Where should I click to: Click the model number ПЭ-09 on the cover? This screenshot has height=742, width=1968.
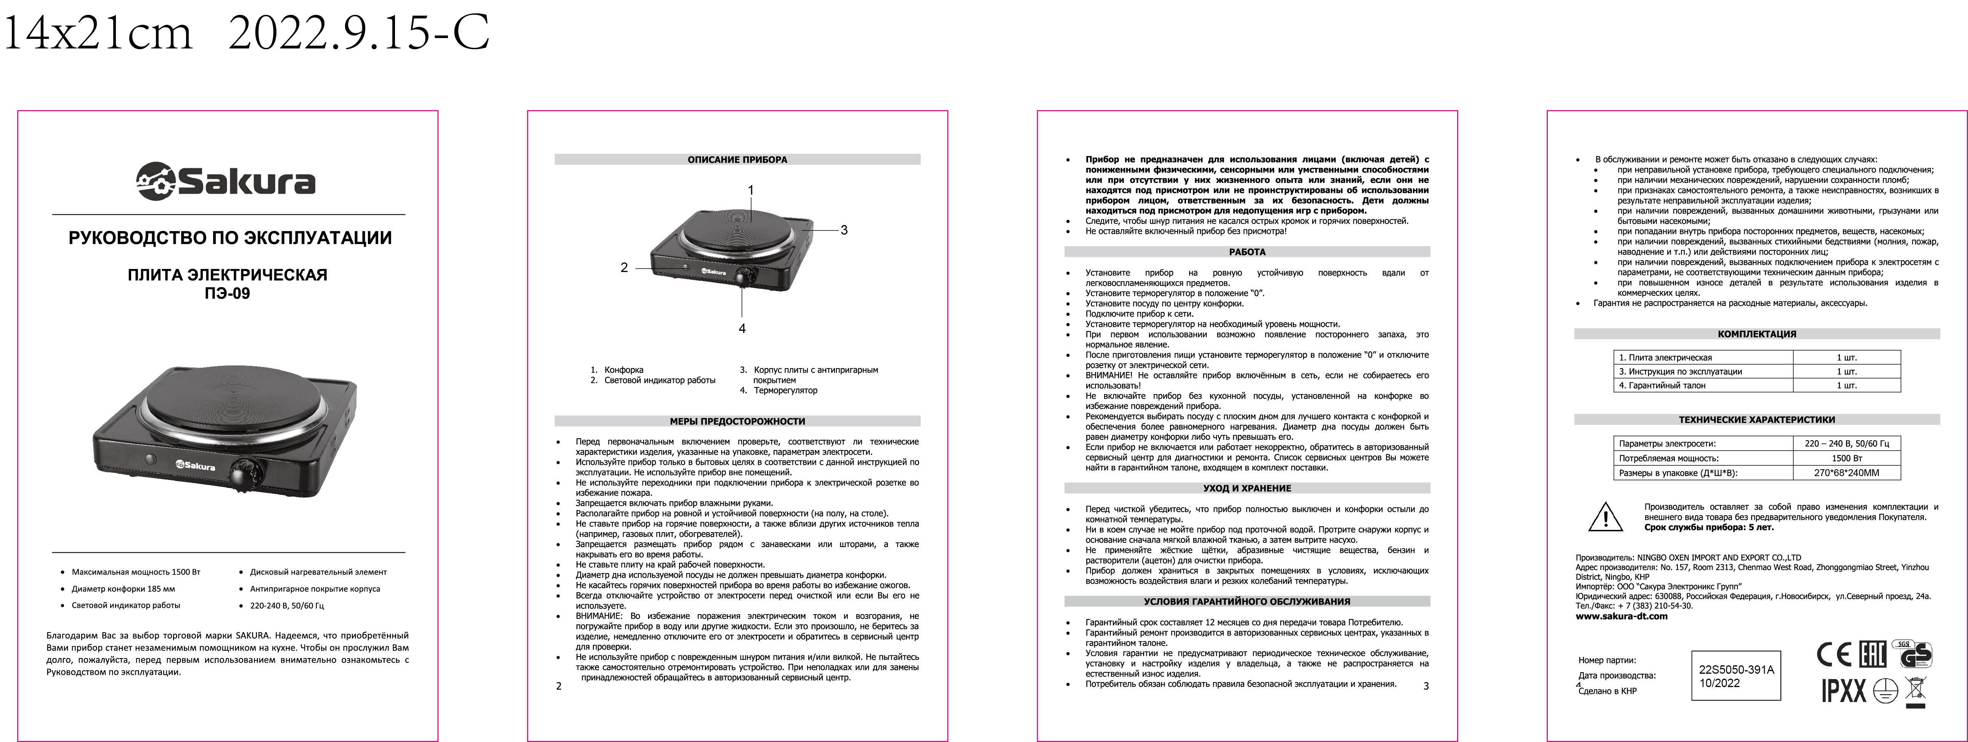227,293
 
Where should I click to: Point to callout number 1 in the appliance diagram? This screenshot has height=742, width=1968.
751,190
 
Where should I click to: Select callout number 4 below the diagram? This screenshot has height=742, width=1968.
742,328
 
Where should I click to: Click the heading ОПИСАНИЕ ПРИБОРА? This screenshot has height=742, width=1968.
737,160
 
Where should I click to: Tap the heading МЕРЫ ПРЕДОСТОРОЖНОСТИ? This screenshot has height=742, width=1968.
737,421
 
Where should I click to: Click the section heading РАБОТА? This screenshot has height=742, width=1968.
1247,252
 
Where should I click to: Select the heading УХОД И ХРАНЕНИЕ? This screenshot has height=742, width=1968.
1247,488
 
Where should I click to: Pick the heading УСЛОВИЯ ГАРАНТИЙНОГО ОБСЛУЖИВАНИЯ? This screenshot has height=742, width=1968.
1247,601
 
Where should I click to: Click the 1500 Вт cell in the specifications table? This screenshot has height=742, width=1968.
1846,459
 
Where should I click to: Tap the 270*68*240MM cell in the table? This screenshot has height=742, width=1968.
1846,473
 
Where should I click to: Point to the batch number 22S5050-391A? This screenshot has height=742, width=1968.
1737,670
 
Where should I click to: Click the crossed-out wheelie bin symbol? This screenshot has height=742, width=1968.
1915,691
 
